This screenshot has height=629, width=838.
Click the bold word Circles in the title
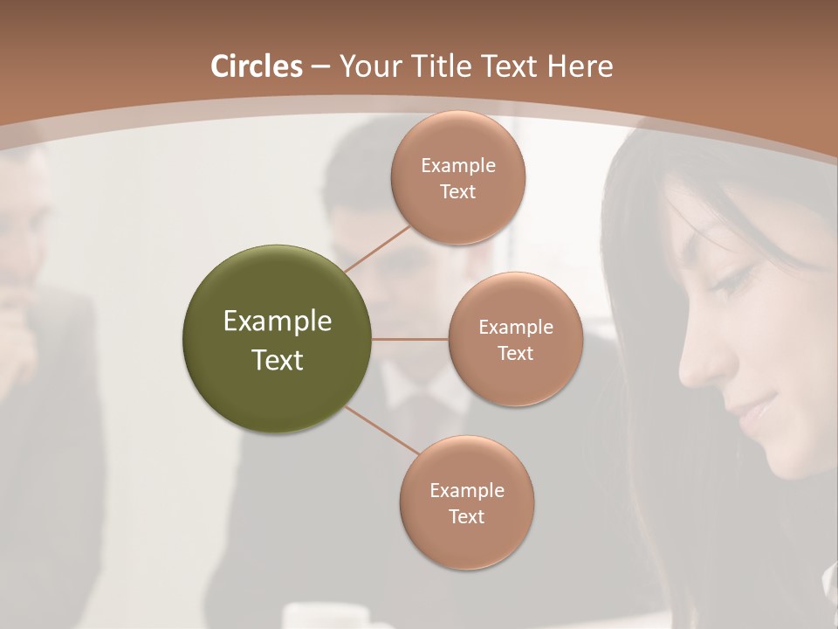point(257,66)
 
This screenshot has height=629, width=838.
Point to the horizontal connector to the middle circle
point(410,339)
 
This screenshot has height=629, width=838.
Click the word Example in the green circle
point(278,321)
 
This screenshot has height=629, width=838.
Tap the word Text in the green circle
point(278,360)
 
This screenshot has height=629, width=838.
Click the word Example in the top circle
point(457,165)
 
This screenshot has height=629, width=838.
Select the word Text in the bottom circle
point(466,516)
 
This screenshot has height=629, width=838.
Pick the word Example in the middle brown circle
point(515,327)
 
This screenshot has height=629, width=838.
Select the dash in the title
point(320,66)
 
